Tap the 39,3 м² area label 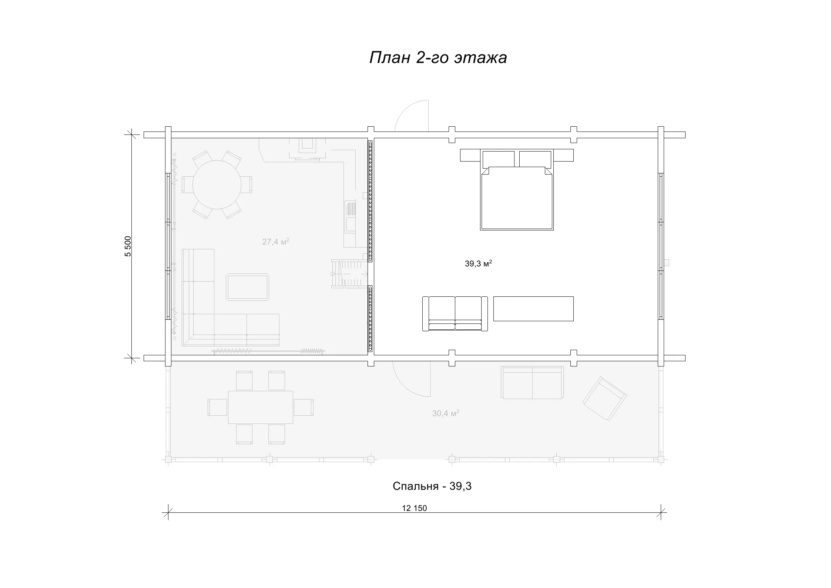point(478,263)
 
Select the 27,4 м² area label point(276,242)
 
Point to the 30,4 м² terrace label point(446,413)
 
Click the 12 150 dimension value point(414,508)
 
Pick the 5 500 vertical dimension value point(128,246)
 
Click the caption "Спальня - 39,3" point(432,486)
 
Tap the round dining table point(217,184)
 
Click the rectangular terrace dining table point(261,407)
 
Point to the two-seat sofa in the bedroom point(455,313)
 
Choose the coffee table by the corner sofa point(248,287)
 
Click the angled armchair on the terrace point(605,399)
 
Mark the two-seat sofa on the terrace point(532,382)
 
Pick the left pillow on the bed point(498,159)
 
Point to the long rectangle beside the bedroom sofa point(533,309)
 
